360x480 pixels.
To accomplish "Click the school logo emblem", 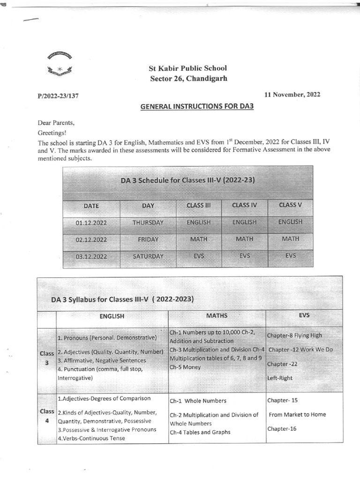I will point(59,64).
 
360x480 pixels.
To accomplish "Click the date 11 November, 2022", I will point(292,94).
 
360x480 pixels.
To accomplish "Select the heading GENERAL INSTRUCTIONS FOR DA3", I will point(197,107).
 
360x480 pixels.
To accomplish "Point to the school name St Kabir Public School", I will point(187,68).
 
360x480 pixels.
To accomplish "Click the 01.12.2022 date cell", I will point(91,223).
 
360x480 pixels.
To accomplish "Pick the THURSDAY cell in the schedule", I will point(148,223).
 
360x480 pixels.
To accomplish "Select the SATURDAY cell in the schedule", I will point(148,256).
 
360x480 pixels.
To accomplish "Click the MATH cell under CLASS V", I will point(290,239).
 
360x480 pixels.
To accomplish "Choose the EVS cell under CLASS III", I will point(198,256).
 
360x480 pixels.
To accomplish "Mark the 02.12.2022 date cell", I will point(91,240).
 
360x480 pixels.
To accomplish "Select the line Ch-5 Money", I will point(185,367).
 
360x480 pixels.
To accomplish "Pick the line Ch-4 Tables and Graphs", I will point(200,432).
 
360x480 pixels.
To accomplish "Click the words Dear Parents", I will point(56,123).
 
